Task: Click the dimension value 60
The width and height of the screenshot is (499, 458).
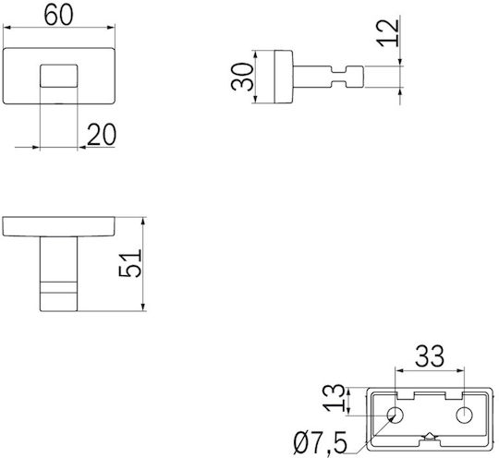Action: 58,16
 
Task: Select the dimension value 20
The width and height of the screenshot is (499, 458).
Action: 102,135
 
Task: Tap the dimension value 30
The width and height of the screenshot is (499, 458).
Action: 242,77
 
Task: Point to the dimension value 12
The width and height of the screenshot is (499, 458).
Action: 388,33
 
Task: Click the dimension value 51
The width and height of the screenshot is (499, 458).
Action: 130,264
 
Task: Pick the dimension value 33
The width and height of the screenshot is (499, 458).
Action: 430,356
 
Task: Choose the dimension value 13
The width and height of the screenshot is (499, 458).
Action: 334,398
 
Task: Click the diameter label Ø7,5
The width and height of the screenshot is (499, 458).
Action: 321,443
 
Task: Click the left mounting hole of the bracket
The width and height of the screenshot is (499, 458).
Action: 395,416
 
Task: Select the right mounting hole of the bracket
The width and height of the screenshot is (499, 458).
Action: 464,416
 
